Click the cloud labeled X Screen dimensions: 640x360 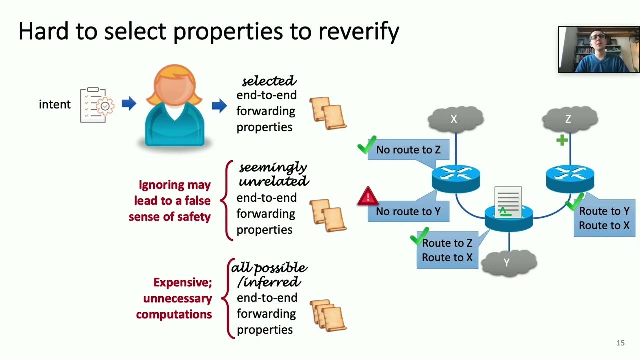tap(455, 119)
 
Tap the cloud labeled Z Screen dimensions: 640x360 tap(570, 119)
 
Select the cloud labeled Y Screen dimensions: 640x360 tap(509, 263)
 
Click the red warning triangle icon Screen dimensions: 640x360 tap(368, 196)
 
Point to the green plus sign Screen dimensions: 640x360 tap(562, 140)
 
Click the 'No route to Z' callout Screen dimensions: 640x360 tap(408, 149)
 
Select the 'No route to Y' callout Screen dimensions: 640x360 tap(408, 211)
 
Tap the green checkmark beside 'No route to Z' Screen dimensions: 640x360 tap(367, 145)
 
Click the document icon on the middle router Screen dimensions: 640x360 tap(508, 202)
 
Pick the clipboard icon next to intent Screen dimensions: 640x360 tap(97, 105)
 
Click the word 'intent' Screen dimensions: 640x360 tap(55, 105)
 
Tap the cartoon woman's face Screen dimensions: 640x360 tap(175, 88)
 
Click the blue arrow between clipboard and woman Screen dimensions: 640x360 tap(129, 103)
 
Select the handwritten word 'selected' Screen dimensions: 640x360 tap(269, 81)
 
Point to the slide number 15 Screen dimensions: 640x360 tap(620, 343)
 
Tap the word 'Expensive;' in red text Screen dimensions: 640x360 tap(183, 283)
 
